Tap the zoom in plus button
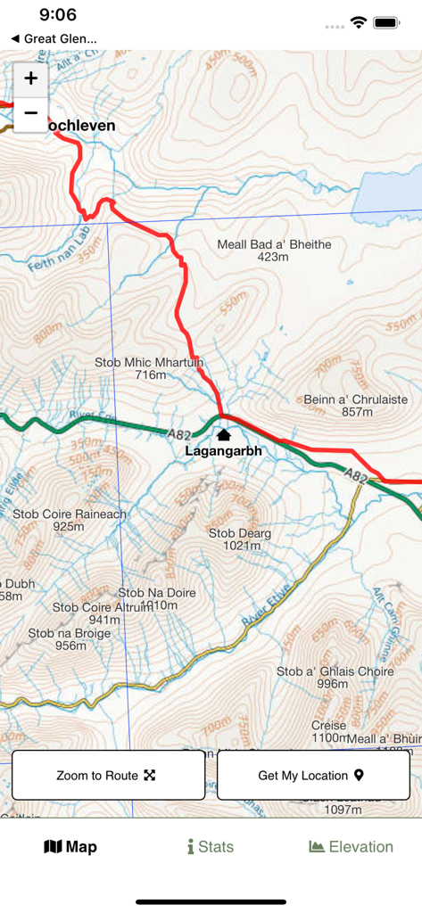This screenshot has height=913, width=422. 30,78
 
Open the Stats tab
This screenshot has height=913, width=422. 211,847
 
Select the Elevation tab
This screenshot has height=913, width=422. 351,847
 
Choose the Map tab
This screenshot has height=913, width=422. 70,847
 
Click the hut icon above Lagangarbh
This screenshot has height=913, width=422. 223,435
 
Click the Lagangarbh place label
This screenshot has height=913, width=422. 223,451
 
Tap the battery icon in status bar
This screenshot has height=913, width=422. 386,22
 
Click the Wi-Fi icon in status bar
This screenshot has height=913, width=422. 359,22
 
